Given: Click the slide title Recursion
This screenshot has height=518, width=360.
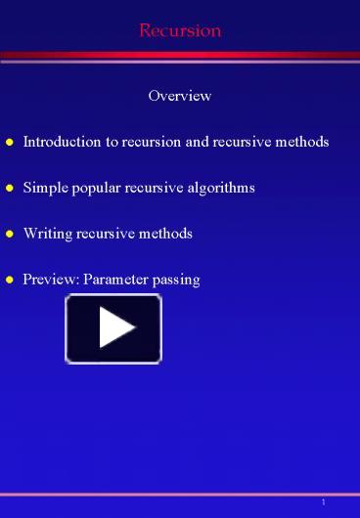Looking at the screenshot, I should click(180, 30).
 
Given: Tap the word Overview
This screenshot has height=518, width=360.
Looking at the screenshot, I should click(180, 96).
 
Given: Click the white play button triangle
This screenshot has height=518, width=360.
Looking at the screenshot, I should click(114, 328).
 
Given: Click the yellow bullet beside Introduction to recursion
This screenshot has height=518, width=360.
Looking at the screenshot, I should click(9, 143).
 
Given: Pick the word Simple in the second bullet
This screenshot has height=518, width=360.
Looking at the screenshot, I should click(42, 187).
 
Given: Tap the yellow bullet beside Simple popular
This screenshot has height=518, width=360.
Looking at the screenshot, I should click(9, 188).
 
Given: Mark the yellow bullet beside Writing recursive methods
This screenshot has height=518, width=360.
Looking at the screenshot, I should click(9, 234).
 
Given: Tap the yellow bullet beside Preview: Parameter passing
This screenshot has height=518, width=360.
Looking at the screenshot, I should click(9, 280).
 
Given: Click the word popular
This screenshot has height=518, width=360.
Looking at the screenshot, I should click(91, 188).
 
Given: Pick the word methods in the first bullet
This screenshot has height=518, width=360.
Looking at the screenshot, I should click(302, 142).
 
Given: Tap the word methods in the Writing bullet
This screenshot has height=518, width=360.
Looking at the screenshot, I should click(166, 233).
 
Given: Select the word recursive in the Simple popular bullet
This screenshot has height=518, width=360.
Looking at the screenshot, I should click(152, 187).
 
